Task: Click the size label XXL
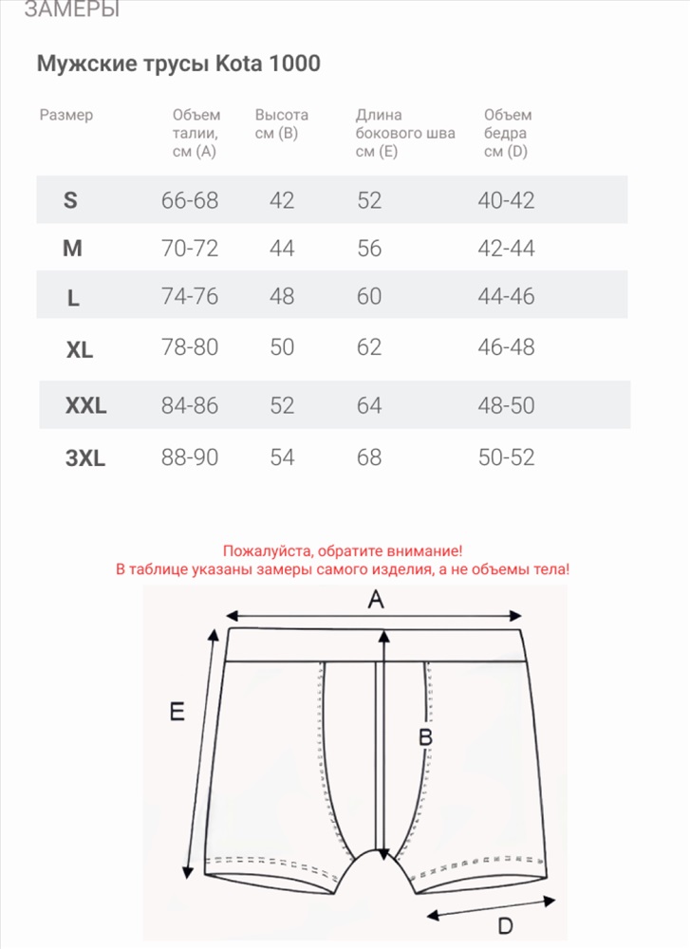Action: [85, 406]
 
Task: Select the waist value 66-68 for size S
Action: [190, 200]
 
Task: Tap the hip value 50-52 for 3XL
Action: [507, 457]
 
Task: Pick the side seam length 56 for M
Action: [369, 249]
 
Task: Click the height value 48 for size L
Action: [282, 296]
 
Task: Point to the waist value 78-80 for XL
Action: [190, 346]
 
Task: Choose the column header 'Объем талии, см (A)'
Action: [196, 133]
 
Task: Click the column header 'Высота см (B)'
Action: [281, 124]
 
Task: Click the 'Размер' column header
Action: [66, 115]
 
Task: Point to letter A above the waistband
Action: [376, 599]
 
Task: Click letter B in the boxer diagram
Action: [426, 736]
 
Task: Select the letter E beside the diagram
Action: [176, 712]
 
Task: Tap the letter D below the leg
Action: [506, 925]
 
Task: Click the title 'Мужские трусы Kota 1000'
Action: [178, 64]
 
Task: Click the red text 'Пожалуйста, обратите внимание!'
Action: [343, 550]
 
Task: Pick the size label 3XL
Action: [85, 459]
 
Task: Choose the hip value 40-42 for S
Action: [507, 200]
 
